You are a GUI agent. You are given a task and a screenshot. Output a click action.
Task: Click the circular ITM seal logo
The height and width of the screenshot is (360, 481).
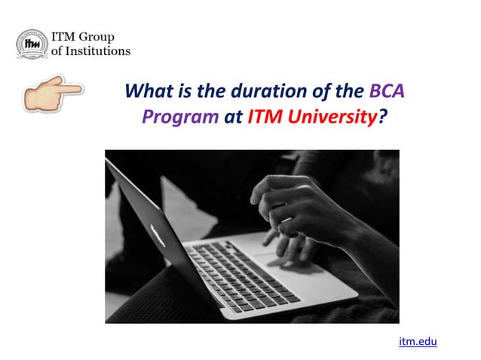tap(31, 44)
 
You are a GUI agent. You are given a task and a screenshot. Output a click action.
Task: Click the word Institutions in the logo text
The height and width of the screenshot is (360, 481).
tap(96, 51)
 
